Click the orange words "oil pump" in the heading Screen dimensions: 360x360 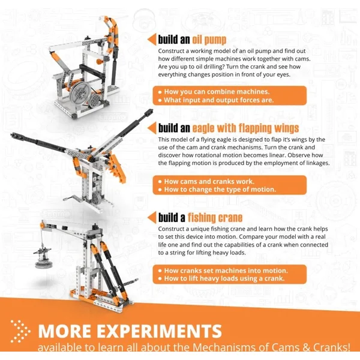(x=209, y=40)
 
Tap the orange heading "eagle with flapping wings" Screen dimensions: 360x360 (x=245, y=128)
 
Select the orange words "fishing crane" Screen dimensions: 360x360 (x=215, y=217)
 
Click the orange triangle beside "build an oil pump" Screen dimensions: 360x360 (x=152, y=39)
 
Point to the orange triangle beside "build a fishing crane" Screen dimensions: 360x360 (x=152, y=217)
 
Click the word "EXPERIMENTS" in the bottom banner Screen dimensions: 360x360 (x=159, y=331)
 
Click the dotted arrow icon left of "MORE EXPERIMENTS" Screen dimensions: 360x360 (x=21, y=331)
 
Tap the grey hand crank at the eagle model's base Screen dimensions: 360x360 (x=73, y=198)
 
